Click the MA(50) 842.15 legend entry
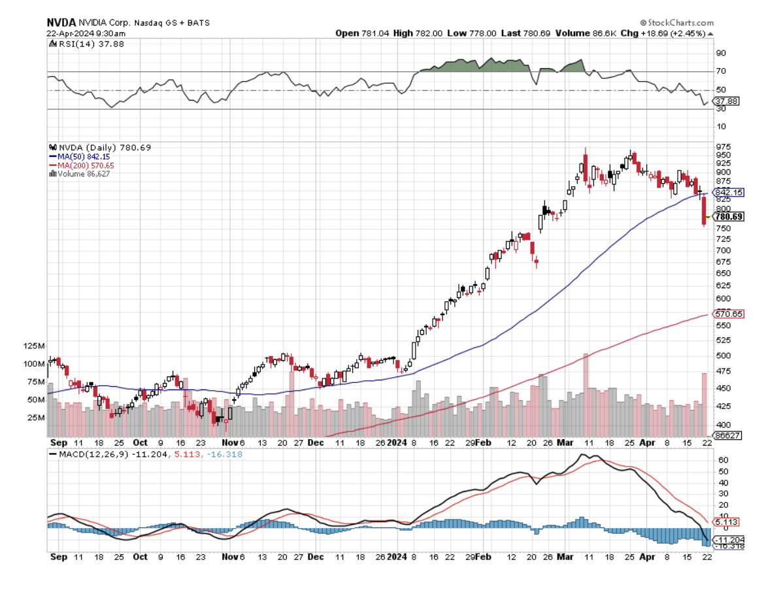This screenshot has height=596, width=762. [77, 157]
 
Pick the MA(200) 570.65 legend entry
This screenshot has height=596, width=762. [79, 165]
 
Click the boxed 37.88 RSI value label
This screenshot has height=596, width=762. [727, 101]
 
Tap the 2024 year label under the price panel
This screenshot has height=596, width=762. [397, 442]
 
